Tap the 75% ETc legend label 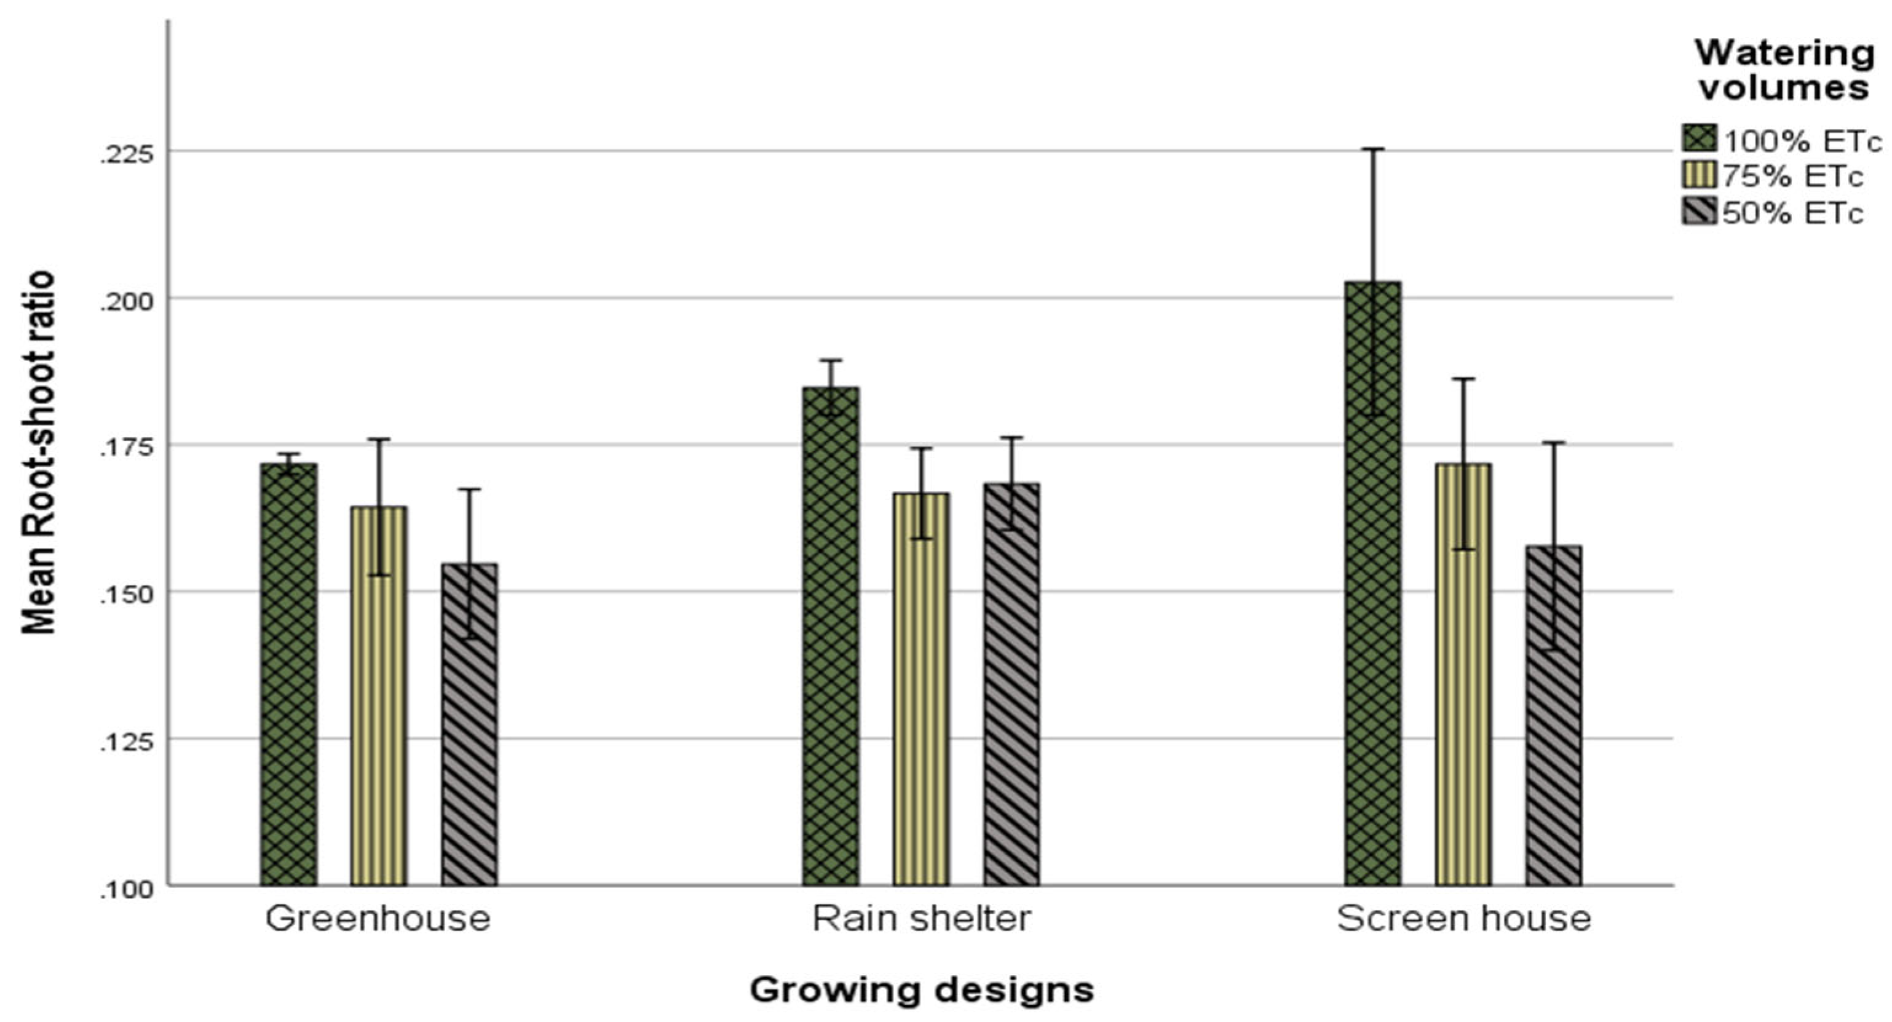tap(1793, 176)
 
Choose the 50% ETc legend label tap(1793, 213)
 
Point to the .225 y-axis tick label tap(127, 154)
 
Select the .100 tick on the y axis tap(127, 889)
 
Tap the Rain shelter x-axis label tap(922, 919)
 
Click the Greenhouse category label tap(378, 919)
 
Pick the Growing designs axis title tap(922, 989)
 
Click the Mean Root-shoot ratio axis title tap(38, 452)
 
